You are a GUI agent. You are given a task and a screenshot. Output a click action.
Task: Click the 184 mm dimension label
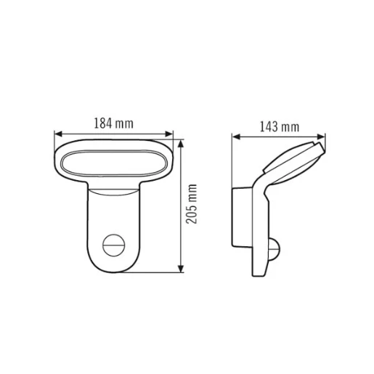tap(113, 123)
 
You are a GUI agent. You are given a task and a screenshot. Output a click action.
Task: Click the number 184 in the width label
tap(103, 123)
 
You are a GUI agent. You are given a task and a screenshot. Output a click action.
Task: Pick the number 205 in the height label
tap(192, 214)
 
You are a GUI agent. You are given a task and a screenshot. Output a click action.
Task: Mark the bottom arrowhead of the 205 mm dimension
tap(181, 271)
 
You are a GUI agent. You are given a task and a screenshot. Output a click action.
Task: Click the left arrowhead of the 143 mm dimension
tap(234, 136)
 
